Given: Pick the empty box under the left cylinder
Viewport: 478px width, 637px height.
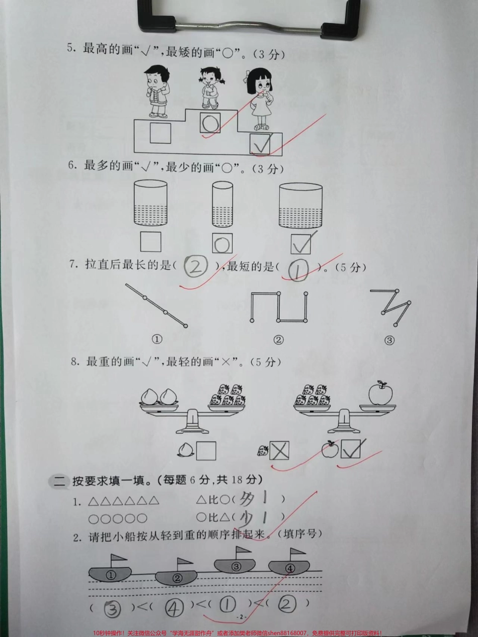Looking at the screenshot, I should click(151, 242).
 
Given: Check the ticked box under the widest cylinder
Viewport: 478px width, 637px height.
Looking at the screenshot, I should click(300, 243).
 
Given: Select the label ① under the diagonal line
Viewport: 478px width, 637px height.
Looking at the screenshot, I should click(157, 339).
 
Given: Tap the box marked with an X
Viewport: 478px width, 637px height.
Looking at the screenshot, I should click(279, 451).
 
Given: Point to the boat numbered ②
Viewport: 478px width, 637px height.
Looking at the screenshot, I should click(176, 577).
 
